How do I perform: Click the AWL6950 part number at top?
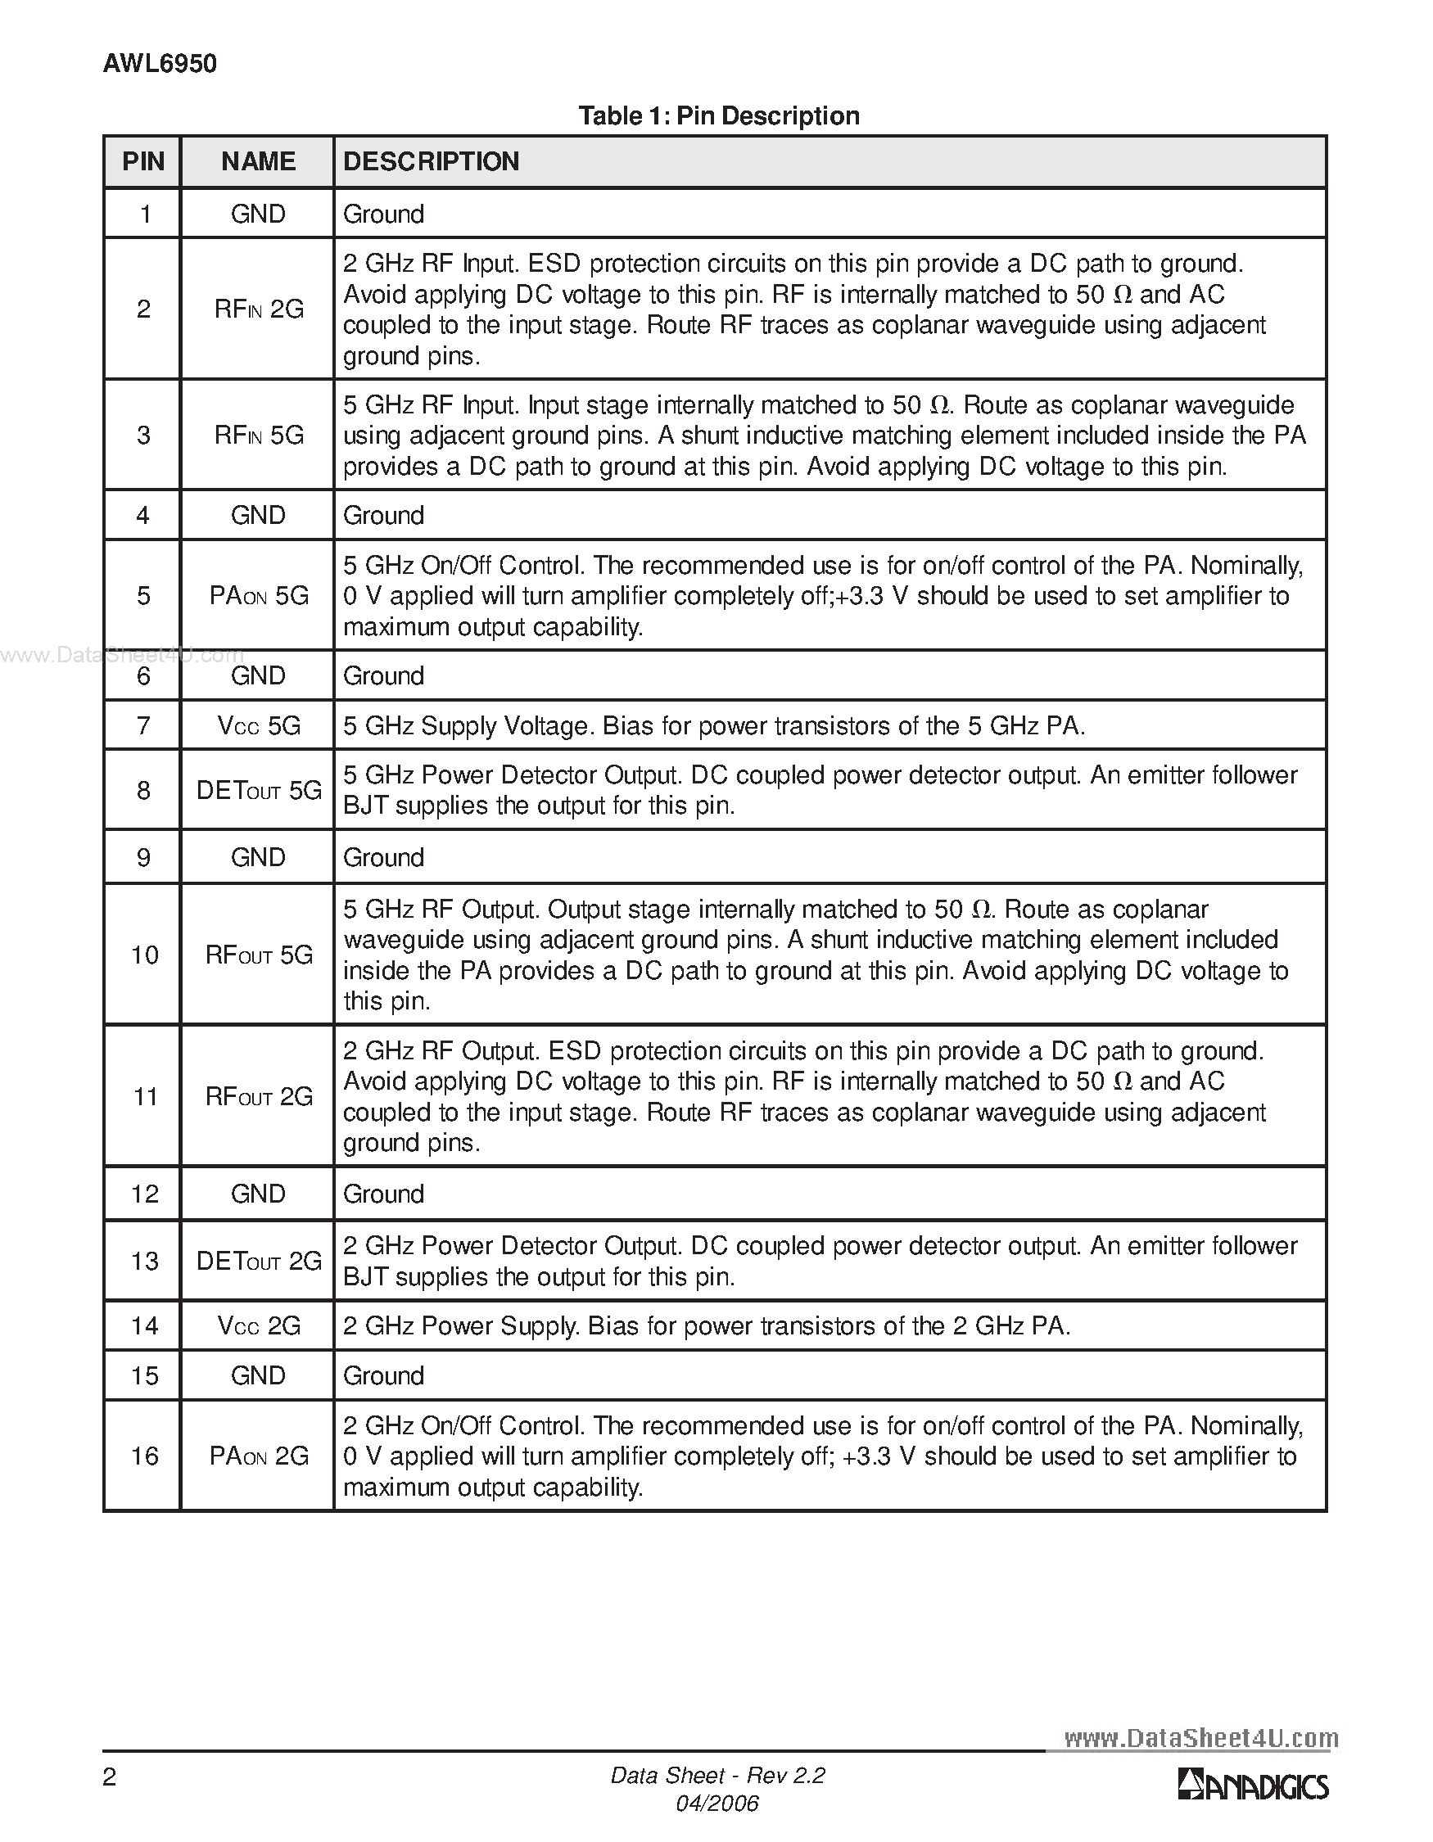160,64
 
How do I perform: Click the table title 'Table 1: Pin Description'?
719,115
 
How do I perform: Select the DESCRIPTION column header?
431,161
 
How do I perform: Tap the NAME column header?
258,161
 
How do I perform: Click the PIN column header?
143,161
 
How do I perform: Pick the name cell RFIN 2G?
258,309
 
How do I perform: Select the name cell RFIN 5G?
258,436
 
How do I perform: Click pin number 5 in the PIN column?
143,596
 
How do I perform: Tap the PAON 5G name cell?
258,596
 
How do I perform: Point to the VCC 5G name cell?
258,726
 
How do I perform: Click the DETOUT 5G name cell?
258,790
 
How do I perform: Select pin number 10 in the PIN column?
144,955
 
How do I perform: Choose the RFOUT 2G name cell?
258,1097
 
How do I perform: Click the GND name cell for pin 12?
258,1194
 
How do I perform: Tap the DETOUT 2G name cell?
258,1262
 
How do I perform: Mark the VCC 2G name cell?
258,1327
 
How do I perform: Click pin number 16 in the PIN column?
144,1456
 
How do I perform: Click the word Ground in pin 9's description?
383,858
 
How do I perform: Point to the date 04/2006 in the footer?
717,1804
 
